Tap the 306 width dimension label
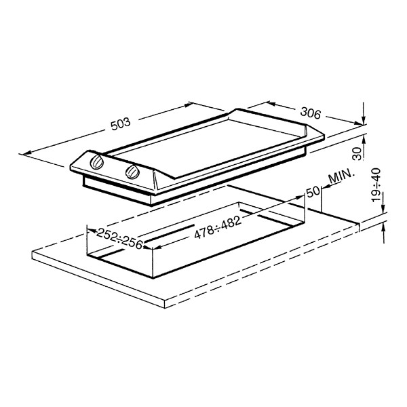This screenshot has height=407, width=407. pyautogui.click(x=309, y=113)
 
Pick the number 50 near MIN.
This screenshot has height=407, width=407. pyautogui.click(x=313, y=192)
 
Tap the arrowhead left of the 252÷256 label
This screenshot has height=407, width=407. pyautogui.click(x=90, y=233)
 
